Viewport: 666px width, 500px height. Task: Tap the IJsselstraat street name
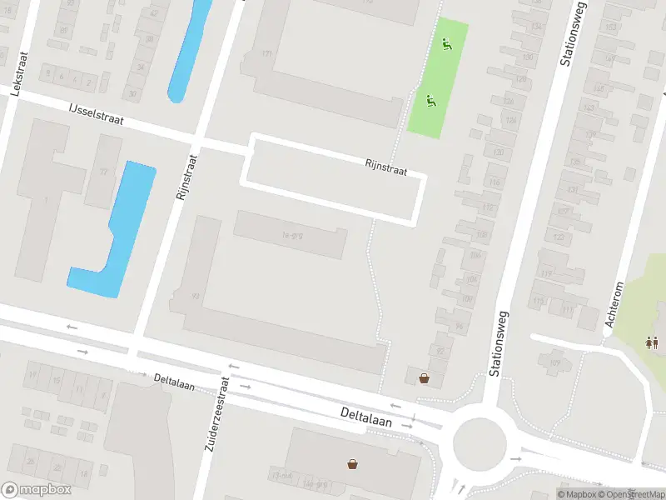pos(97,114)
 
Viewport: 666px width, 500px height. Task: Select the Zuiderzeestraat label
pos(216,414)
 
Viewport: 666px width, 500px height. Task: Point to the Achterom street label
pos(615,304)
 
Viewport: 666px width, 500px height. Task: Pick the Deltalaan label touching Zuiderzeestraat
pos(175,382)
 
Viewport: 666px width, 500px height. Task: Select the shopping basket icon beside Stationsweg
pos(425,378)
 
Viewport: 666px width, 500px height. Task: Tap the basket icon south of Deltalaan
pos(354,462)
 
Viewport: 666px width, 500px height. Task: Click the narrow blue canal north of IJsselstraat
pos(189,50)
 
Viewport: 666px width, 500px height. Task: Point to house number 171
pos(266,54)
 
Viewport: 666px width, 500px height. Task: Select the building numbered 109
pos(554,362)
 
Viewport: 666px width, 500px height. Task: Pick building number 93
pos(196,295)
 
